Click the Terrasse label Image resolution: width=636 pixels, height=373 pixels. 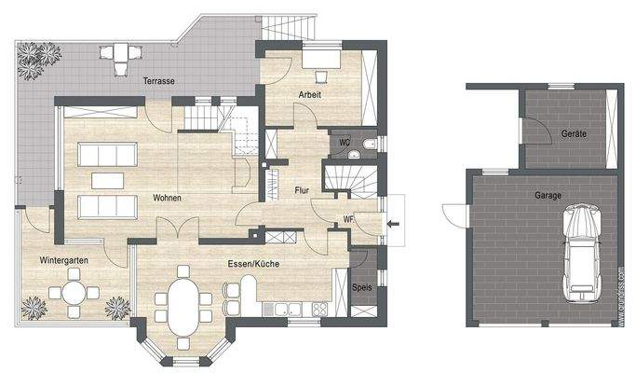pyautogui.click(x=159, y=82)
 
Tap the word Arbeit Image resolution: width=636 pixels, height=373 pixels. pyautogui.click(x=310, y=96)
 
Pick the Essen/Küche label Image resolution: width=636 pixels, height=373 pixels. pyautogui.click(x=252, y=265)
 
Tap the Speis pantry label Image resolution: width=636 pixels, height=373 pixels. pyautogui.click(x=363, y=287)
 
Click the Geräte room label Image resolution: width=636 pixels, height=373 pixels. pyautogui.click(x=574, y=134)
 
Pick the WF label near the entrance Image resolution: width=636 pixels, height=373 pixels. pyautogui.click(x=348, y=220)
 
